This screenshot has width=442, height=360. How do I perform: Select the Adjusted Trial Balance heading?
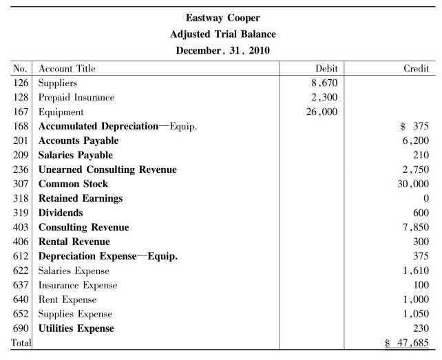pyautogui.click(x=222, y=34)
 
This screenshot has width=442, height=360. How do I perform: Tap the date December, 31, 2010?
pyautogui.click(x=222, y=50)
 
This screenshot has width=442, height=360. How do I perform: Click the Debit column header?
pyautogui.click(x=326, y=69)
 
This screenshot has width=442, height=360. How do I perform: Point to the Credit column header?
pyautogui.click(x=416, y=69)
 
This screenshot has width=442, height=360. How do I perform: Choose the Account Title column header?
pyautogui.click(x=67, y=69)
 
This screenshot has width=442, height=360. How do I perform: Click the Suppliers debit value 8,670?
pyautogui.click(x=322, y=83)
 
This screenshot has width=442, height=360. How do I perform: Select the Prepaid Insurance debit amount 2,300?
pyautogui.click(x=322, y=98)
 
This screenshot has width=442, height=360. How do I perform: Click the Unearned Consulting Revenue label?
pyautogui.click(x=107, y=169)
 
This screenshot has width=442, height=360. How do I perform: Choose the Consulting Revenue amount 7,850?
pyautogui.click(x=416, y=227)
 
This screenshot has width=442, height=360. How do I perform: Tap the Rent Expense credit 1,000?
pyautogui.click(x=416, y=299)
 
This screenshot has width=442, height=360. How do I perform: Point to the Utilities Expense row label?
pyautogui.click(x=76, y=328)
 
